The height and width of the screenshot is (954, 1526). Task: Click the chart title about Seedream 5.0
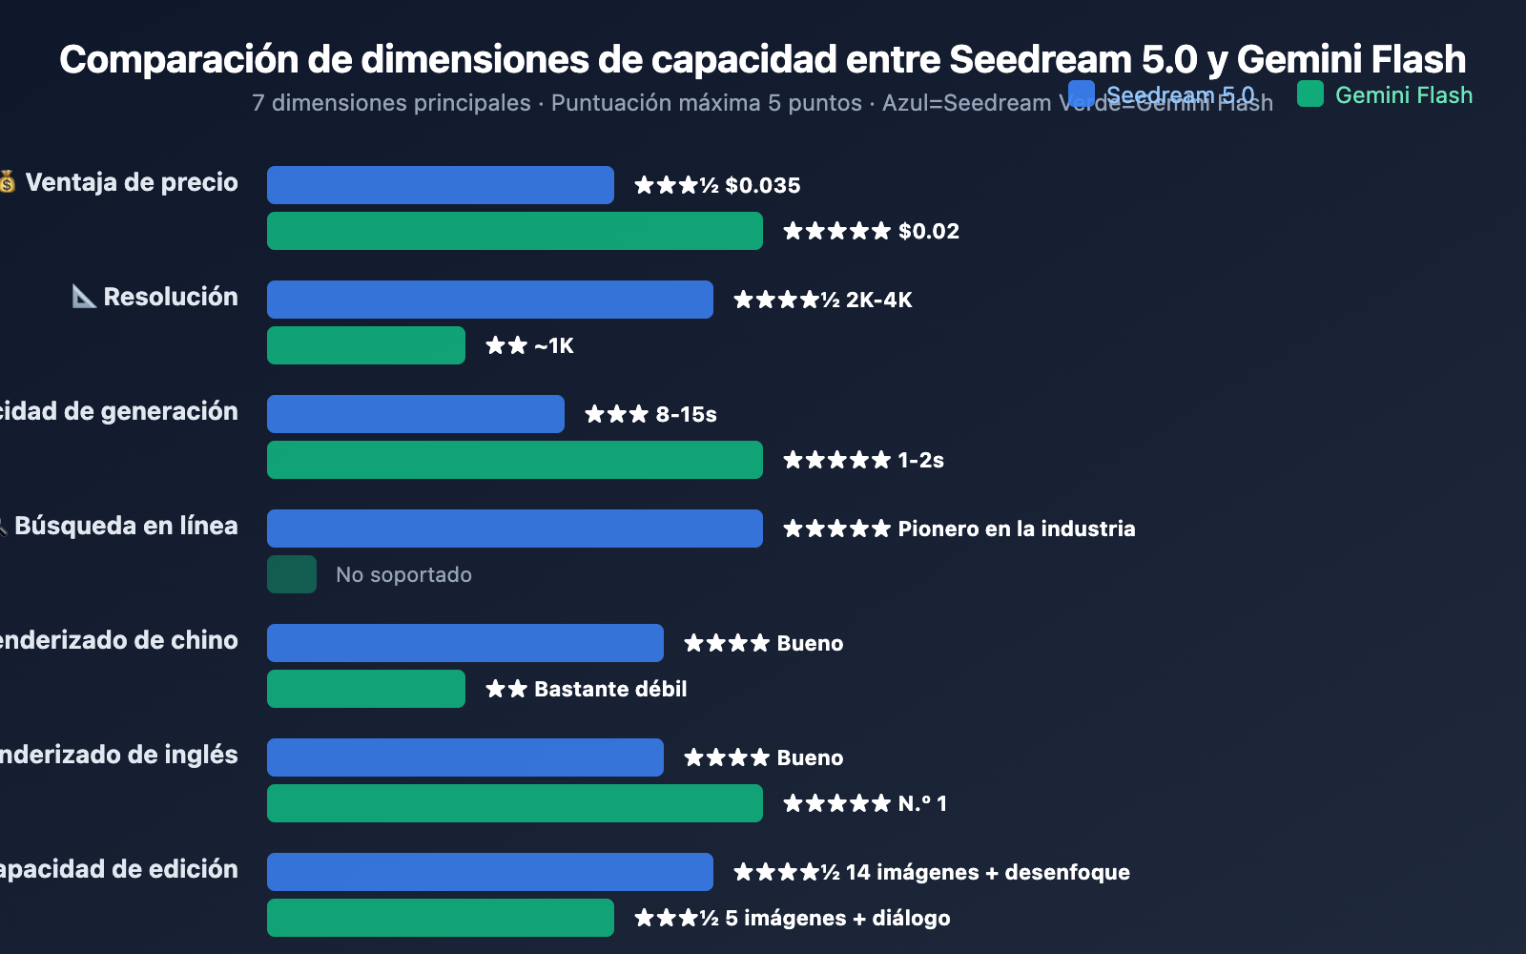coord(762,59)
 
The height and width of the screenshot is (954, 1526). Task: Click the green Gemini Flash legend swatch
coord(1310,93)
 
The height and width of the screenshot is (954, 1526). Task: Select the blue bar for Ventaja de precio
coord(440,185)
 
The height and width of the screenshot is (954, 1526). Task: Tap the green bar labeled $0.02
coord(514,231)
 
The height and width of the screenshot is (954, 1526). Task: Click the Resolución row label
coord(170,297)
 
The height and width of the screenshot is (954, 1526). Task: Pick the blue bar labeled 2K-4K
coord(489,300)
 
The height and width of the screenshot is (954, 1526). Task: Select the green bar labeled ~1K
coord(365,345)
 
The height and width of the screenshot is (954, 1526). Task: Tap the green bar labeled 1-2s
coord(514,460)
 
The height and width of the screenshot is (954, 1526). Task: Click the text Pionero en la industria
coord(1016,529)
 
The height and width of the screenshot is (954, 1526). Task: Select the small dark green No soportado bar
coord(292,574)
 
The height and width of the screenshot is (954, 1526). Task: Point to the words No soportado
coord(403,574)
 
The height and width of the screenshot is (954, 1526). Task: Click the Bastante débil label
coord(609,689)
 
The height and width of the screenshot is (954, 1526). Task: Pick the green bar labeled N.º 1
coord(514,803)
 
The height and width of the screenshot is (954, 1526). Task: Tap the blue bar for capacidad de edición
coord(489,872)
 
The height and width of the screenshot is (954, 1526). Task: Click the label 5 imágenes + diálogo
coord(836,918)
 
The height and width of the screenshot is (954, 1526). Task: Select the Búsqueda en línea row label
coord(125,526)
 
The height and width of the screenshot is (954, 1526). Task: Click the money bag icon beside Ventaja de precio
coord(8,181)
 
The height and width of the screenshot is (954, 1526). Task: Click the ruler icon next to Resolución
coord(84,297)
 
